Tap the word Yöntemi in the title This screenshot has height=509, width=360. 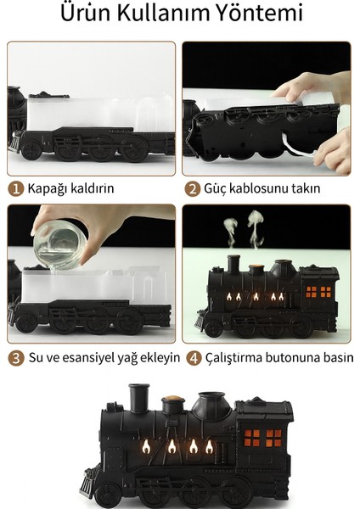[262, 15]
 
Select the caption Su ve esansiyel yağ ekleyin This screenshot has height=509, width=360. [103, 357]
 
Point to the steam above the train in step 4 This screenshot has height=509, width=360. [244, 231]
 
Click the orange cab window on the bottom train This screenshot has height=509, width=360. [262, 438]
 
